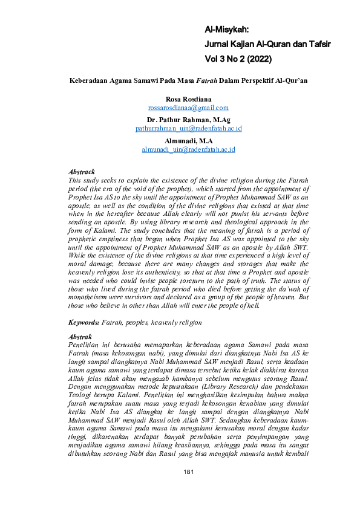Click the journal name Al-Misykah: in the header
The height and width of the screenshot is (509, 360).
coord(227,29)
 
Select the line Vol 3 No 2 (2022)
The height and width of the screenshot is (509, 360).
coord(238,59)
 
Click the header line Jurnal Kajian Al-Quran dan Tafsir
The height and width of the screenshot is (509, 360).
coord(269,44)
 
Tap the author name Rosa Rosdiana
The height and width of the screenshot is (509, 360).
coord(188,98)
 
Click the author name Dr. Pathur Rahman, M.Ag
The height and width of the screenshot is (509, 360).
coord(188,120)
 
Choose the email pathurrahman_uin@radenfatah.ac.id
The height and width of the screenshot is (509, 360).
coord(188,129)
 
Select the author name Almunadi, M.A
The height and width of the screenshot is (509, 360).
coord(188,140)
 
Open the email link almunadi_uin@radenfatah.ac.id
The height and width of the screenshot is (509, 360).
coord(188,149)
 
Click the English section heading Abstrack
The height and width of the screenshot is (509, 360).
coord(82,172)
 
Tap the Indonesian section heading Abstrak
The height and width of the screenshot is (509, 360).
coord(80,336)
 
